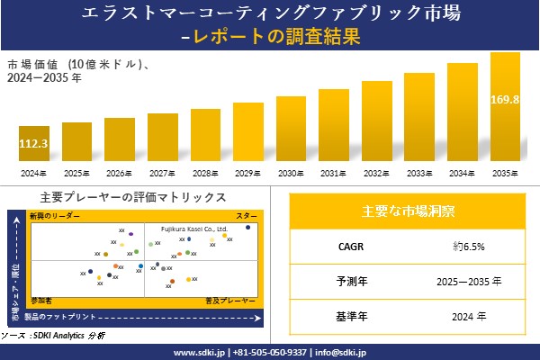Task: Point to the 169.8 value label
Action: [x=505, y=99]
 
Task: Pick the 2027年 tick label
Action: [x=162, y=173]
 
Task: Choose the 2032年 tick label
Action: [x=377, y=173]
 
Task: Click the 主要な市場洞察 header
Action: [x=407, y=211]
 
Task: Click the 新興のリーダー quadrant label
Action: [x=54, y=217]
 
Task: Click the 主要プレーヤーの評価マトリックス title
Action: [x=133, y=197]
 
